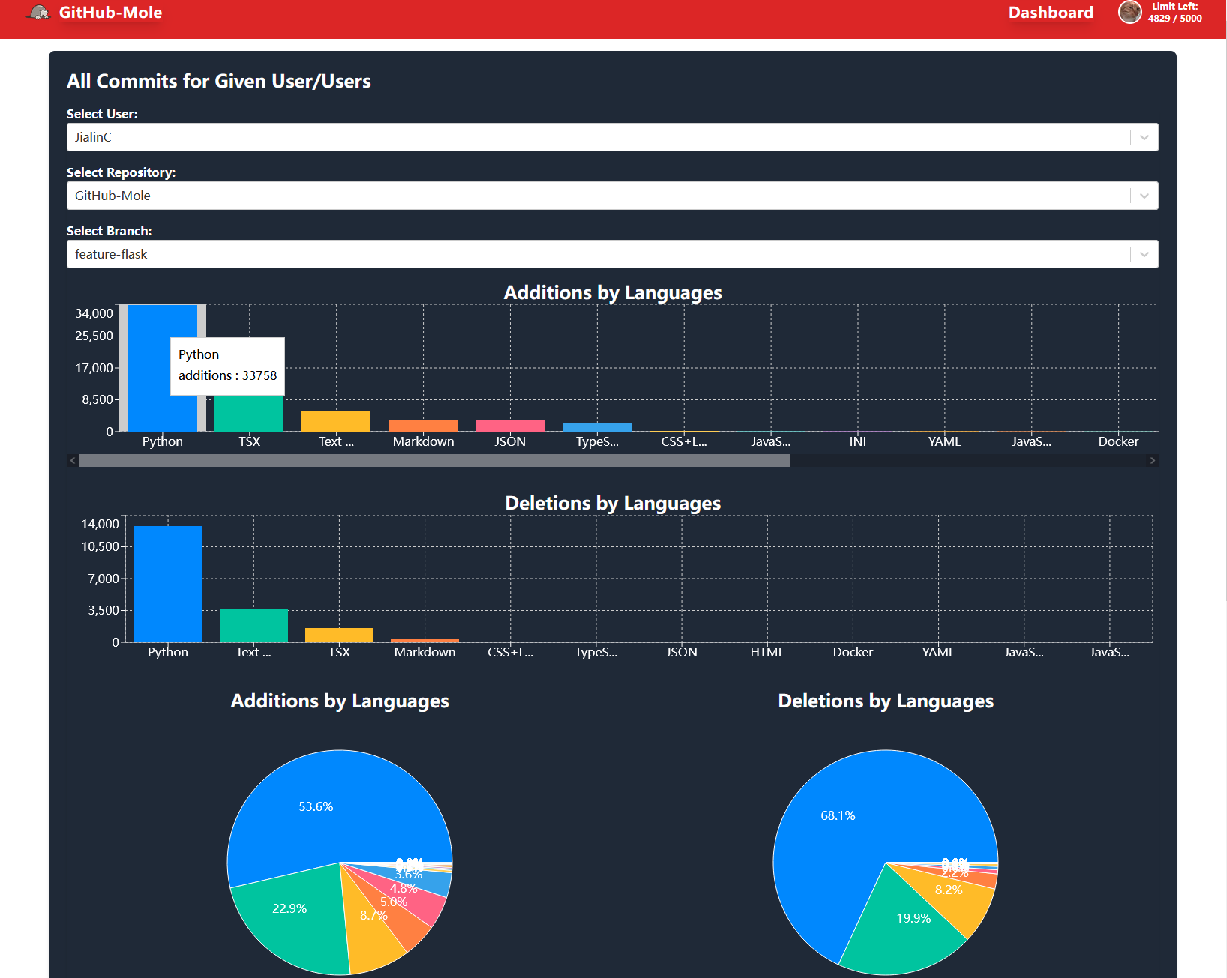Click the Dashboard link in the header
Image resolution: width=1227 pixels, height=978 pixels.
pos(1050,13)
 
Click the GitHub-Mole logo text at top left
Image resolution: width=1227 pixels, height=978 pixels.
pos(110,13)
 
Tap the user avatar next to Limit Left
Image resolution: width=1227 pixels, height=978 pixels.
pos(1129,13)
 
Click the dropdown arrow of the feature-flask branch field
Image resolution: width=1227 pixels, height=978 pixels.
pos(1144,254)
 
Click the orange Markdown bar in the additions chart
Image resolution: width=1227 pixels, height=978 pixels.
pos(423,426)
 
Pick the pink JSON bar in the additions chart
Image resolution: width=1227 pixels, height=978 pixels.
pos(510,426)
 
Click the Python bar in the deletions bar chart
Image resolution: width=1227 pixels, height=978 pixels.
pos(167,585)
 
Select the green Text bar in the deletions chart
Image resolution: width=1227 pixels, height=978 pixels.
pos(253,626)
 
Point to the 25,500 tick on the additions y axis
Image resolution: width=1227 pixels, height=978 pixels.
pos(94,336)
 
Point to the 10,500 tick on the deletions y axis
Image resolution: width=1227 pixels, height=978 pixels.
pos(100,547)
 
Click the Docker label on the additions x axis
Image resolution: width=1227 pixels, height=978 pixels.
pos(1117,441)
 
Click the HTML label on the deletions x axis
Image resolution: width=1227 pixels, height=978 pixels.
pos(767,652)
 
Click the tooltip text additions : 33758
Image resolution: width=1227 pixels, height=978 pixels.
pos(227,375)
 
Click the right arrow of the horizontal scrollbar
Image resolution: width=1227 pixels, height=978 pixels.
pos(1152,461)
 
